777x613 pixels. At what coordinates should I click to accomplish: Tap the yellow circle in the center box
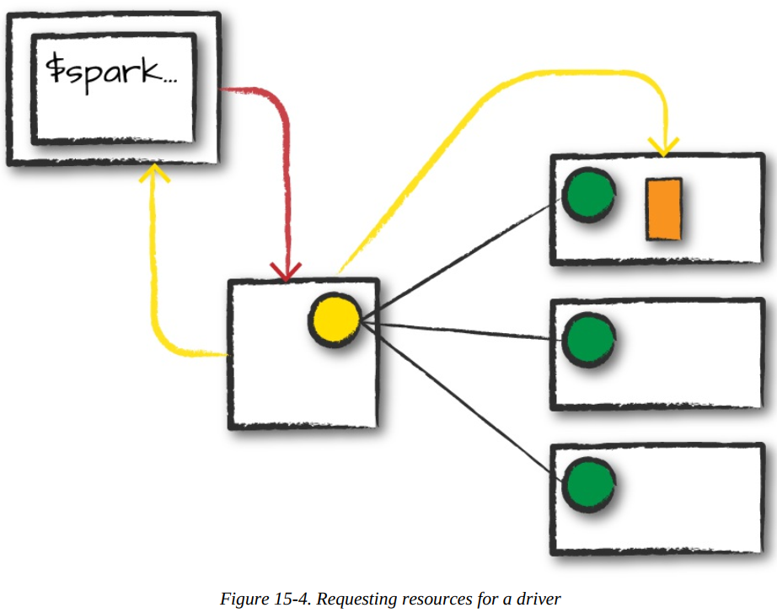point(334,320)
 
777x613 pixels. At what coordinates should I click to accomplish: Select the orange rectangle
point(663,208)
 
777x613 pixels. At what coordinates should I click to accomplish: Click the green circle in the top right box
point(588,195)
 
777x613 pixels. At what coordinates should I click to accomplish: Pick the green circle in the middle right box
point(588,340)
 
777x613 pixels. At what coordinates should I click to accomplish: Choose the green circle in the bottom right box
point(588,484)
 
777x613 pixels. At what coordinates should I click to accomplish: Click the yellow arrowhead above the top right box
point(665,146)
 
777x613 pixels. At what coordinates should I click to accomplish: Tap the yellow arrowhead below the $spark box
point(153,173)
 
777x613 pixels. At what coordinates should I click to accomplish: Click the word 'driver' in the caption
point(539,600)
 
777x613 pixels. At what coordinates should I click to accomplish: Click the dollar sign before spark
point(55,72)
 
